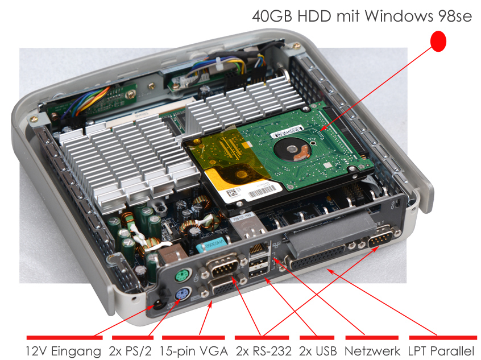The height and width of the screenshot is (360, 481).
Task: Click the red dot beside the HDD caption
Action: [x=438, y=41]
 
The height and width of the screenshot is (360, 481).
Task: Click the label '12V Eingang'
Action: [x=63, y=351]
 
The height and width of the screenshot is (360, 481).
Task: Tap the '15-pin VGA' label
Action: [x=193, y=351]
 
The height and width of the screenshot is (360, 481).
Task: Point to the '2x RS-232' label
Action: [x=263, y=351]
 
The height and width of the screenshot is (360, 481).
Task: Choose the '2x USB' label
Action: [x=318, y=351]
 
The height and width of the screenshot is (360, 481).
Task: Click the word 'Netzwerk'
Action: [x=372, y=351]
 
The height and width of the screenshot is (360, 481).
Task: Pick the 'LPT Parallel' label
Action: [x=441, y=351]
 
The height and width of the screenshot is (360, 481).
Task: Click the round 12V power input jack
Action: [x=158, y=305]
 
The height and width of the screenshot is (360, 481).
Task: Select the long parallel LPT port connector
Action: [x=316, y=256]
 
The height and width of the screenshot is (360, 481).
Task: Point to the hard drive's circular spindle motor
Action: [x=292, y=150]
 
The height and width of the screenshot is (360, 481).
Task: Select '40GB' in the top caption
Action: [x=272, y=16]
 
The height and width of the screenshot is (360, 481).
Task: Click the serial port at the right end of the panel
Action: [x=381, y=238]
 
